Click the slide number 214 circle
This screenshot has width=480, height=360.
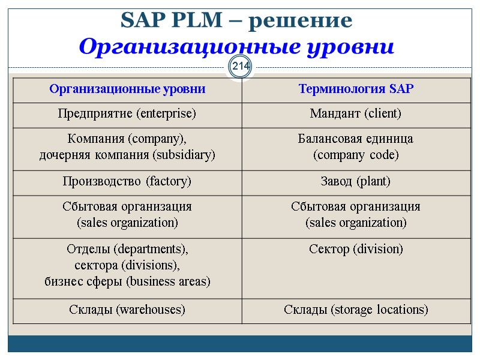[x=240, y=65]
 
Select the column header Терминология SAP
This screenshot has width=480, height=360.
[x=356, y=89]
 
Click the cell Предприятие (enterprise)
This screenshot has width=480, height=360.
[x=127, y=113]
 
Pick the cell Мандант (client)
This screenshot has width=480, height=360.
[x=356, y=113]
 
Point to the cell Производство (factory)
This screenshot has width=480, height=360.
[x=127, y=181]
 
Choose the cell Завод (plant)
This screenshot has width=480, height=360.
[x=356, y=181]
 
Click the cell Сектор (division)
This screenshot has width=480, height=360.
[x=356, y=248]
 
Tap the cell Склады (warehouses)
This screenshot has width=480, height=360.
[x=127, y=310]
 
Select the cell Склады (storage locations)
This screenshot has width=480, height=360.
[x=356, y=310]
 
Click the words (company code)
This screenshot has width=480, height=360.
[x=356, y=155]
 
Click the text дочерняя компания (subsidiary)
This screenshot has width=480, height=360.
[x=127, y=155]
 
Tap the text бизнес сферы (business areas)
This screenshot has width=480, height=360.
[x=127, y=281]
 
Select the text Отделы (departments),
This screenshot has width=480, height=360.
[x=127, y=248]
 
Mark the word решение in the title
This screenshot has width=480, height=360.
[x=300, y=21]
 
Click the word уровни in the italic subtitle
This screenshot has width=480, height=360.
[x=360, y=46]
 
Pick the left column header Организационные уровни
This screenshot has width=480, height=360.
[x=127, y=89]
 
